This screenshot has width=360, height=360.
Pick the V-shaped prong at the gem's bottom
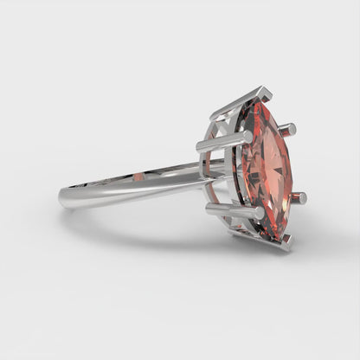[275, 243]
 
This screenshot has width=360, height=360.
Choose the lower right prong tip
[300, 198]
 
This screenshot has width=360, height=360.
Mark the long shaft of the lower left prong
[235, 211]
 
